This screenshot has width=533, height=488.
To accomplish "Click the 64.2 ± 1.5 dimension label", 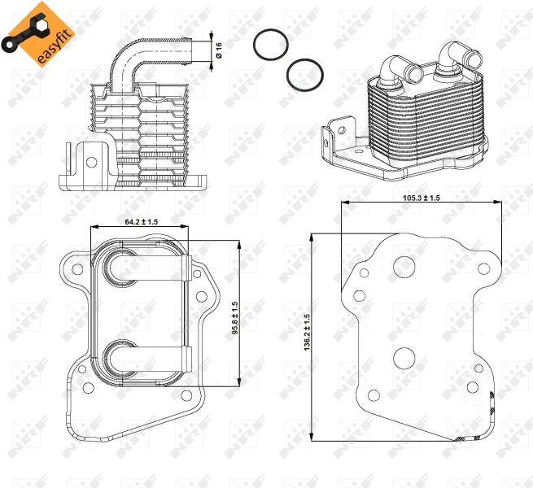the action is tap(142, 222).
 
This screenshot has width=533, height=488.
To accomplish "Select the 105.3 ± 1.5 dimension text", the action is tap(422, 198).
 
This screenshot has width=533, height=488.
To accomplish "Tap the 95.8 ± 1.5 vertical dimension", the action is tap(235, 318).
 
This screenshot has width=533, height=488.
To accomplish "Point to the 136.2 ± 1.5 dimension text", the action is tap(308, 333).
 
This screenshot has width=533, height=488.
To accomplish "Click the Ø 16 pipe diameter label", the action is tap(219, 50).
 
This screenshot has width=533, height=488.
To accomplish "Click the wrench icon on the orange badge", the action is tap(23, 31).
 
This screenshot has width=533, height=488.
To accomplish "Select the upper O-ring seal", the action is tap(271, 45).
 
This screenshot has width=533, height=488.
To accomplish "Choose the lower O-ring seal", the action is tap(305, 75).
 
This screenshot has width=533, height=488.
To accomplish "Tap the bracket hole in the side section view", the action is tap(91, 162).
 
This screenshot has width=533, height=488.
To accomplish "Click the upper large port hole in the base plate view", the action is tap(404, 267).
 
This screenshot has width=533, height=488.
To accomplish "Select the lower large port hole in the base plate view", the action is tap(404, 359).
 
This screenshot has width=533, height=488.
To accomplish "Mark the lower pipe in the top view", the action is tap(149, 359).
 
